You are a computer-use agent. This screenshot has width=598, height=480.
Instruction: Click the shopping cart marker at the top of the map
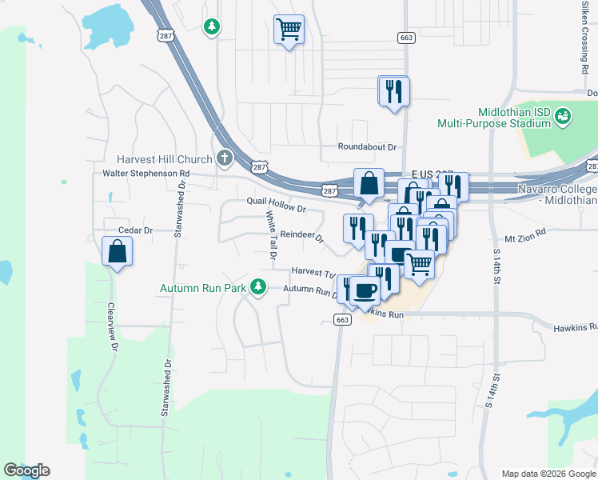289,30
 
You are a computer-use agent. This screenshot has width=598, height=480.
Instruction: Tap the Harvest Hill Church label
164,158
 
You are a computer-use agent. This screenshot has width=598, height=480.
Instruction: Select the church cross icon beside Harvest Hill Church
225,158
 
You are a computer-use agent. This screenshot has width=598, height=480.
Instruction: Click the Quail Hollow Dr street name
277,205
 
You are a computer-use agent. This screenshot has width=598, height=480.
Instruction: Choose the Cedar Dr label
135,230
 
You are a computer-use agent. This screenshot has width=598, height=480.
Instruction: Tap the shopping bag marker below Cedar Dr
118,251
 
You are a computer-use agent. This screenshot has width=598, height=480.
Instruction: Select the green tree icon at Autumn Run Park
257,286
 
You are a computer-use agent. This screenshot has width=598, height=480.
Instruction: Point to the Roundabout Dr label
367,147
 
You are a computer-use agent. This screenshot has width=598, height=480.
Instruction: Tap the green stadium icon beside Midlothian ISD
564,117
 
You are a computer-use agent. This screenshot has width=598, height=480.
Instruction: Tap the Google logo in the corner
26,470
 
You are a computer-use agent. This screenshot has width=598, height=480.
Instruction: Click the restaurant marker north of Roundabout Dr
393,90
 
